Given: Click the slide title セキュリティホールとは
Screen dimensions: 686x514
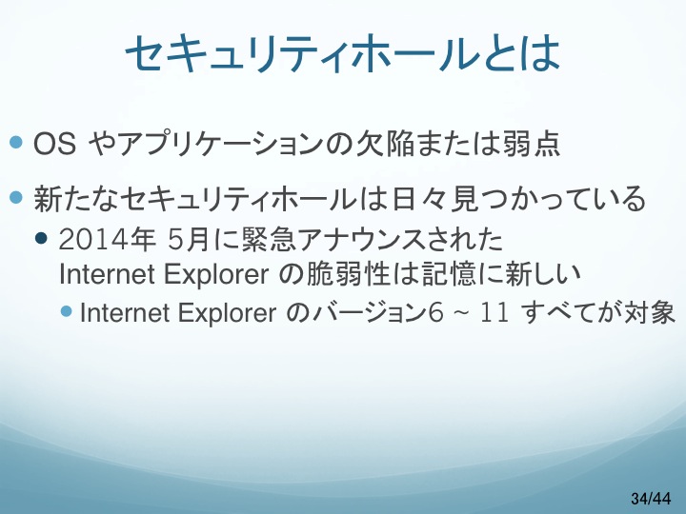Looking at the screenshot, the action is [x=343, y=53].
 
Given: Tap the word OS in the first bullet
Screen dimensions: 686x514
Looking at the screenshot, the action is [x=54, y=144].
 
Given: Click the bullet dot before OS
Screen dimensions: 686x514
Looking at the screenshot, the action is [x=16, y=142].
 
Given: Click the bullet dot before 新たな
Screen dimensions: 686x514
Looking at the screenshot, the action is [x=16, y=197].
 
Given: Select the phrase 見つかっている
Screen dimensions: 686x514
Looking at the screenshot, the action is [x=548, y=199].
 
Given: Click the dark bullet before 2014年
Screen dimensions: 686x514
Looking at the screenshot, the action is [x=41, y=238].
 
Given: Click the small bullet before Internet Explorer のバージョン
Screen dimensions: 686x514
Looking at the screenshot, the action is [x=67, y=311].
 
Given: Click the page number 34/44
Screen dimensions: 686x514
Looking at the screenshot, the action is [x=651, y=498].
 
